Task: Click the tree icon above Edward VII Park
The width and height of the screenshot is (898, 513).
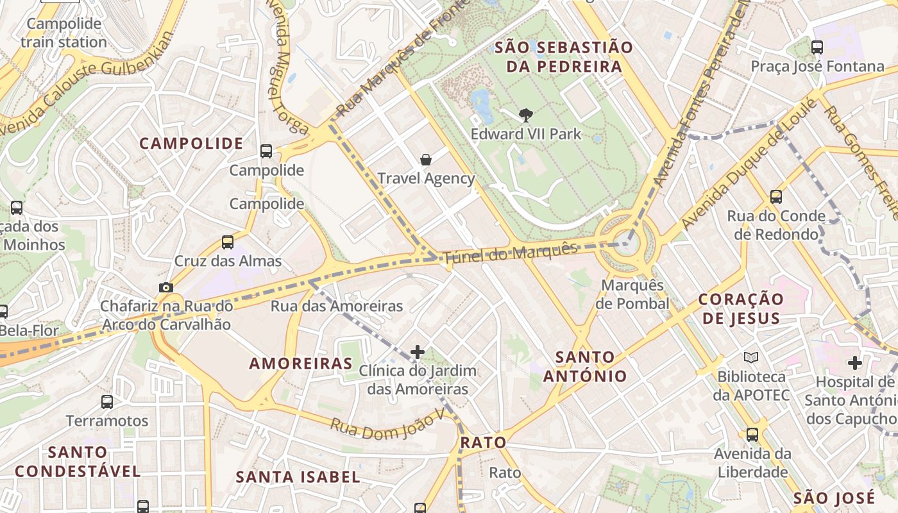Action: (526, 115)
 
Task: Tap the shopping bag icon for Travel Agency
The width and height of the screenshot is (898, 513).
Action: (426, 160)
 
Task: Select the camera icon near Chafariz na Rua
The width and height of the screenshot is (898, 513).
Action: (166, 288)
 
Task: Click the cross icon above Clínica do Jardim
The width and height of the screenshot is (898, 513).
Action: (418, 351)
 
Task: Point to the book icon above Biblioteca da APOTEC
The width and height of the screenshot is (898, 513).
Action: (751, 357)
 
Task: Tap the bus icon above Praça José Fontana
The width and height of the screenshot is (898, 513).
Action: (817, 47)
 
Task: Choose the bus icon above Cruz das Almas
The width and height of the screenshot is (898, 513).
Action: (228, 242)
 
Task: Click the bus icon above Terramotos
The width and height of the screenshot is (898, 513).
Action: (107, 402)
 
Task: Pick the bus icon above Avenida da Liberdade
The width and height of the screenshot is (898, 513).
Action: (752, 435)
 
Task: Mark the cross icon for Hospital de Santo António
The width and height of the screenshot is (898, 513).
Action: (854, 363)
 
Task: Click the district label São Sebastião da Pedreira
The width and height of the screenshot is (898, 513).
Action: (564, 56)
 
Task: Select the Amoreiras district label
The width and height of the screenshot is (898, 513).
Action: (301, 364)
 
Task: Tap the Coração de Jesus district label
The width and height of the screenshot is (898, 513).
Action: (741, 308)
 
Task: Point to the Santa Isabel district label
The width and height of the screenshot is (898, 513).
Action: (298, 477)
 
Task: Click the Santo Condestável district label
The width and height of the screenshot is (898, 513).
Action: (78, 462)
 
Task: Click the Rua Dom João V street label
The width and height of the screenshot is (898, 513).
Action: (387, 426)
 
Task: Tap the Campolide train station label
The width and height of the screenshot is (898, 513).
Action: (64, 33)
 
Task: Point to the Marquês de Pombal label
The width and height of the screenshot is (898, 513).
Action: (632, 294)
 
